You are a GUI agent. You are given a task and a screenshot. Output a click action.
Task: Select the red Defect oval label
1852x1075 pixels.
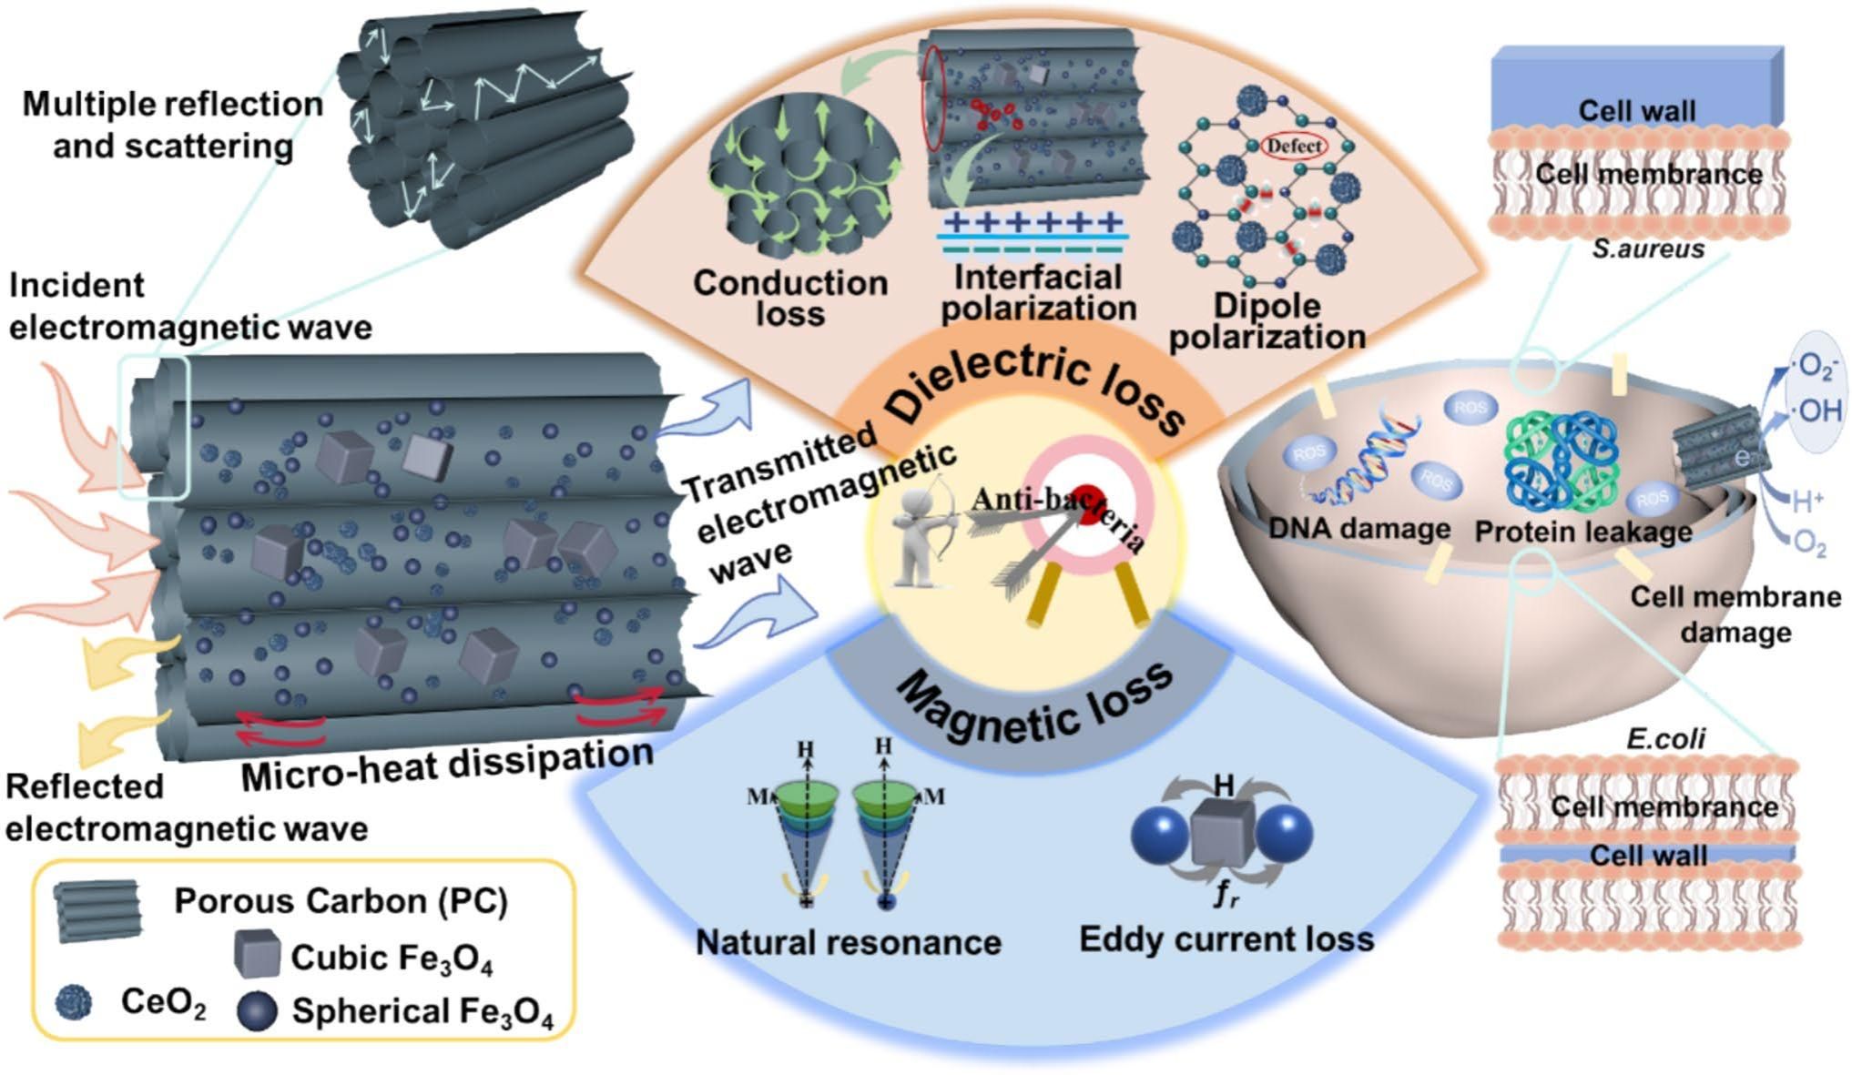pyautogui.click(x=1294, y=146)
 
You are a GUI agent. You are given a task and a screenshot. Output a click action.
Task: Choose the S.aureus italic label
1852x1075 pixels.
pyautogui.click(x=1648, y=248)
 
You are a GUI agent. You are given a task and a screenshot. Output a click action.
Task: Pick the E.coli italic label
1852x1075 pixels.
pyautogui.click(x=1665, y=739)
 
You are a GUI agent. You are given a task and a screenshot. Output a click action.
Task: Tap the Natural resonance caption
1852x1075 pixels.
pyautogui.click(x=848, y=942)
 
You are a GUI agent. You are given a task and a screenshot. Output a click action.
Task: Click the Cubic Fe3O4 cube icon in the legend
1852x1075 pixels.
pyautogui.click(x=256, y=952)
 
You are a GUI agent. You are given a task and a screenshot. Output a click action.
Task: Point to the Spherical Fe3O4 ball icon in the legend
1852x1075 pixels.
pyautogui.click(x=256, y=1011)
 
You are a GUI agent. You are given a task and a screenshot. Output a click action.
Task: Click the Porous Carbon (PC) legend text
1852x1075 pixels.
pyautogui.click(x=341, y=900)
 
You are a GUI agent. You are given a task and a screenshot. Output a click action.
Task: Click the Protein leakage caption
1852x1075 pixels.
pyautogui.click(x=1583, y=532)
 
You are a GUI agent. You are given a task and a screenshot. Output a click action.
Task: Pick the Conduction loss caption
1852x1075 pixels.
pyautogui.click(x=789, y=298)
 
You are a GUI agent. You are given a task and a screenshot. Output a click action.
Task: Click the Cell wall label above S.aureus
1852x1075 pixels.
pyautogui.click(x=1636, y=111)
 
